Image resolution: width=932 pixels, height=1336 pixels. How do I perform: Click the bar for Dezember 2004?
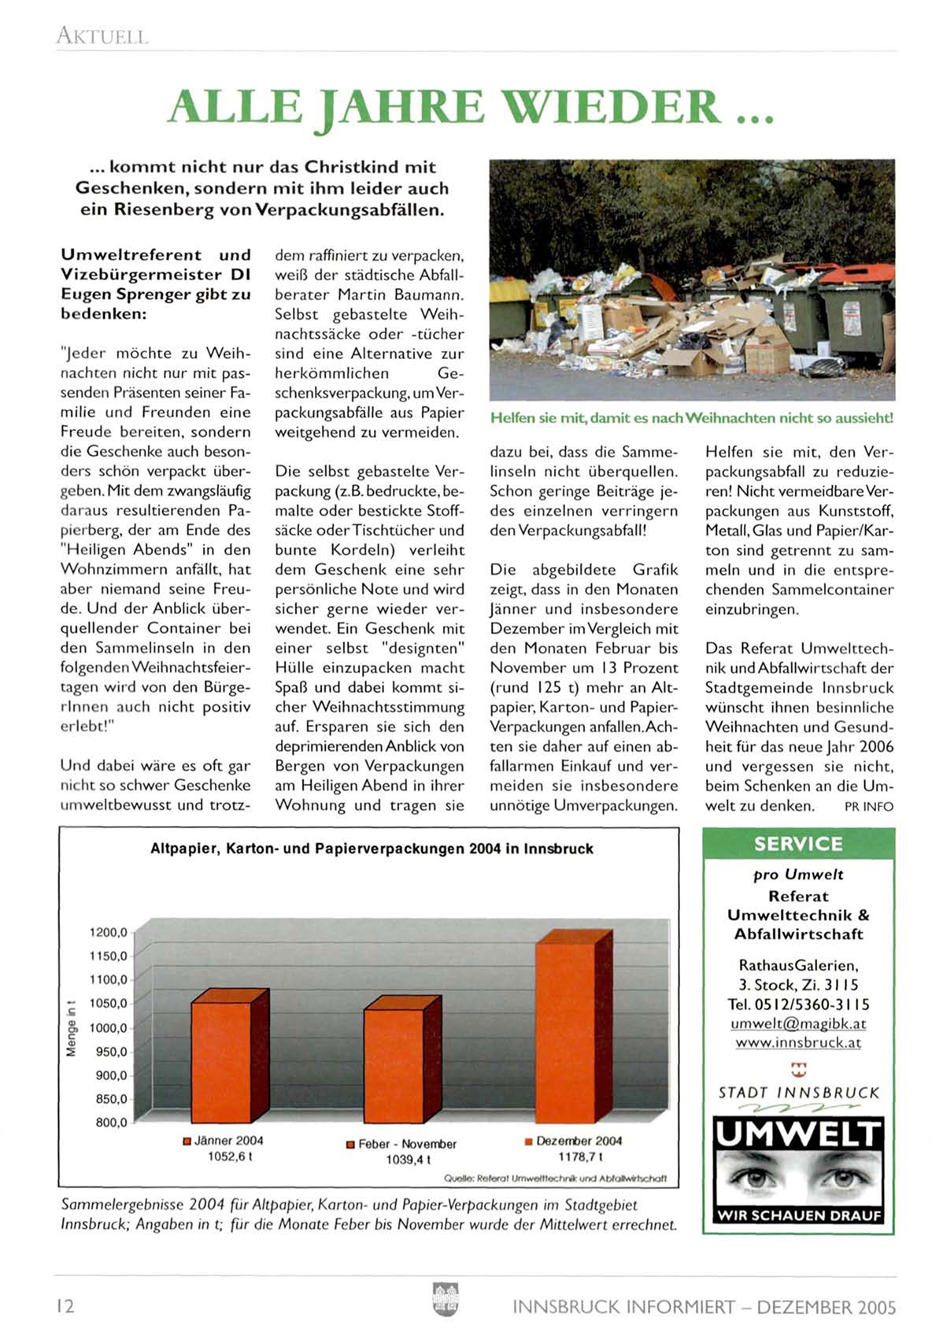[x=564, y=1031]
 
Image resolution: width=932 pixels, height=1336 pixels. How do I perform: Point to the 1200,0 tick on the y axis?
[x=109, y=933]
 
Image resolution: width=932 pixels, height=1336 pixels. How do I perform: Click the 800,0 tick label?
[x=111, y=1123]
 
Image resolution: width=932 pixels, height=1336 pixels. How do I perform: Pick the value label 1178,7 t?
[x=580, y=1157]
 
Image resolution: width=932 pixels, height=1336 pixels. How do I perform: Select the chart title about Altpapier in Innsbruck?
[x=372, y=849]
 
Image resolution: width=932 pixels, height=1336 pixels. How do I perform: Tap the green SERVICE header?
[x=797, y=844]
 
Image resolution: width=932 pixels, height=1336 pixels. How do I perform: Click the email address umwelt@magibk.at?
[x=798, y=1023]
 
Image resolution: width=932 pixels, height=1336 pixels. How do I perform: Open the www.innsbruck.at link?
[x=798, y=1042]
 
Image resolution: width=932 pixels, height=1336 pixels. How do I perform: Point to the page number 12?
[x=65, y=1306]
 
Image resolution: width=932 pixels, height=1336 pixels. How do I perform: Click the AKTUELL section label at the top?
[x=102, y=35]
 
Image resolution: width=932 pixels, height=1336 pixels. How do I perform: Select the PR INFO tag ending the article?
[x=868, y=806]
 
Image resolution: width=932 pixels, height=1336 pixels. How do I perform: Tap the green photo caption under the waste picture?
[x=691, y=418]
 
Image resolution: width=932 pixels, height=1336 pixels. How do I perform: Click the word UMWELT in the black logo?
[x=798, y=1134]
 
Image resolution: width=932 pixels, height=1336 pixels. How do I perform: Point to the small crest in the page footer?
[x=446, y=1300]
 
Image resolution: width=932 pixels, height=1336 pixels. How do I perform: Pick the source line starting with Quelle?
[x=555, y=1179]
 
